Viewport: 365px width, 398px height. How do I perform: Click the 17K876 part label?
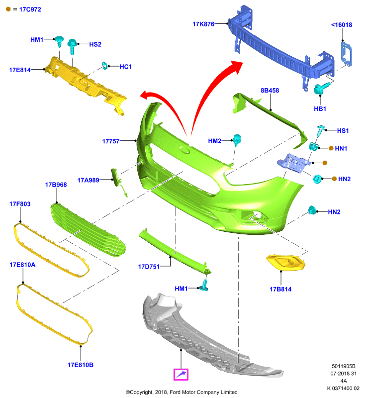click(x=203, y=24)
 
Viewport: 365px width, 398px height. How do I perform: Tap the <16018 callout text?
click(x=342, y=25)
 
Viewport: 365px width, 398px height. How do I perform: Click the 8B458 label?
click(x=270, y=91)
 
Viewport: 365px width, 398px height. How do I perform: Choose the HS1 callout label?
click(x=343, y=131)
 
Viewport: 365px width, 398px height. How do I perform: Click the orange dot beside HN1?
click(x=331, y=148)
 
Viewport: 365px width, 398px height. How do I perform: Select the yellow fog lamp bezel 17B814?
click(x=285, y=262)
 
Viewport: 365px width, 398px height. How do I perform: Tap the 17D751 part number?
click(x=149, y=267)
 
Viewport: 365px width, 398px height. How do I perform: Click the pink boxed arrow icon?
click(x=181, y=375)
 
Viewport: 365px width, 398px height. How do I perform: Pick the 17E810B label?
click(x=81, y=365)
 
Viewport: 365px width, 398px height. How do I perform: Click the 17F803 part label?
click(x=20, y=204)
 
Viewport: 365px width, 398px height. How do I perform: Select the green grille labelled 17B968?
click(x=88, y=230)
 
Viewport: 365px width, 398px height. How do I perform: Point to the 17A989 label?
click(x=88, y=180)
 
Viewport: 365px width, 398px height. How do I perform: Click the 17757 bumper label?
click(x=110, y=141)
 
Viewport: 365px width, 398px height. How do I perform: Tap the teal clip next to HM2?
click(x=237, y=140)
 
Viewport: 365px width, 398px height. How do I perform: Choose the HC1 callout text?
click(x=125, y=67)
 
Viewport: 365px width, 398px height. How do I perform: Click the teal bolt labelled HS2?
click(x=72, y=46)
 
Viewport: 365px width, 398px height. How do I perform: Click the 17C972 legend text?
click(x=30, y=9)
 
